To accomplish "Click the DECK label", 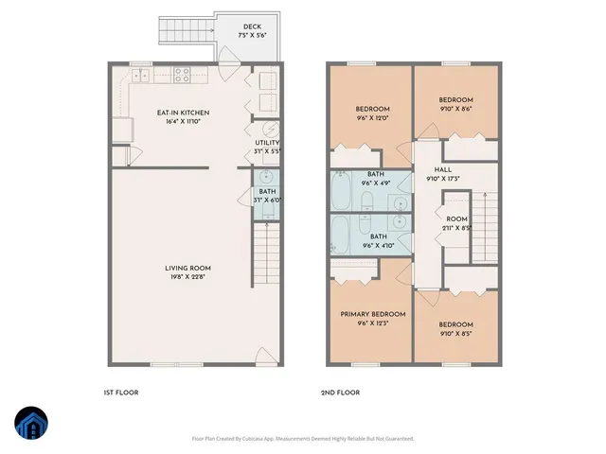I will click(x=252, y=26).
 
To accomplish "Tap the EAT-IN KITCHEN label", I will click(x=183, y=113).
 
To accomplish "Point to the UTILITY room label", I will click(x=267, y=142).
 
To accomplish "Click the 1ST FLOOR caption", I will click(x=121, y=392).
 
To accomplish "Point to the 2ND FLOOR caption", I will click(x=340, y=392).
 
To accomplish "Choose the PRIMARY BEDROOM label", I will click(x=373, y=314).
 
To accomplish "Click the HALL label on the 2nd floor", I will click(x=443, y=169).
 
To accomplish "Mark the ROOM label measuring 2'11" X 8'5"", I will click(x=457, y=218).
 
